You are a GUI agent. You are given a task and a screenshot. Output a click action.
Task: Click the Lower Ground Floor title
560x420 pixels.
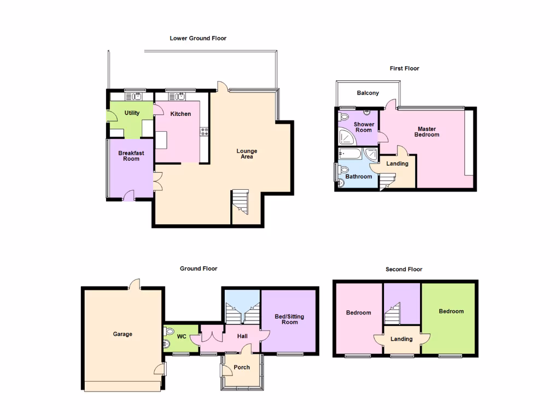[x=198, y=38]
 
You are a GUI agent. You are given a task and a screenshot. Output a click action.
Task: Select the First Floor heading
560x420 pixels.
[x=404, y=68]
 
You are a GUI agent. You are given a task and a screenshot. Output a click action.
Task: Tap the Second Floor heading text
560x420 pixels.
[x=404, y=269]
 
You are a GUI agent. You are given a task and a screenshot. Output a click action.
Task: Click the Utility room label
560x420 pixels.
[x=132, y=113]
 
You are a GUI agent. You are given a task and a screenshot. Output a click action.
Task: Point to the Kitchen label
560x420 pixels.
[x=180, y=114]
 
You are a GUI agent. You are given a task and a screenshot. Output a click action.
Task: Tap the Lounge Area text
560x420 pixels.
[x=247, y=154]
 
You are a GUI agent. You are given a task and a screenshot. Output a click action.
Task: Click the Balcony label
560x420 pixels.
[x=367, y=93]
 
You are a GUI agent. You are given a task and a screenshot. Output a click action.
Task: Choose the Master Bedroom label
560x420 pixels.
[x=427, y=132]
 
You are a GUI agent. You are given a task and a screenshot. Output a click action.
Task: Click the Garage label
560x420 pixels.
[x=122, y=334]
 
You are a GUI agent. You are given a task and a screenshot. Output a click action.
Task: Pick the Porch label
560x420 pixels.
[x=242, y=367]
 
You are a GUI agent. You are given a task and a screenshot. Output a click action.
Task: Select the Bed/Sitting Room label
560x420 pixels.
[x=290, y=319]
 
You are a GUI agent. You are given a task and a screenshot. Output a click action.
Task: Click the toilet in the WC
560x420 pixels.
[x=169, y=331]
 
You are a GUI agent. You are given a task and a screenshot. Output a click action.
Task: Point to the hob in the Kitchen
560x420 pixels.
[x=205, y=131]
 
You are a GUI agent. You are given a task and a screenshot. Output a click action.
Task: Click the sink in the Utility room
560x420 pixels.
[x=133, y=97]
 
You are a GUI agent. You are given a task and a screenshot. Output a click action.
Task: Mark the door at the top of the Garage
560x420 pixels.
[x=135, y=284]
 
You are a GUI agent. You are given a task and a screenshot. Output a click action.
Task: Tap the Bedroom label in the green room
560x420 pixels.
[x=451, y=311]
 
